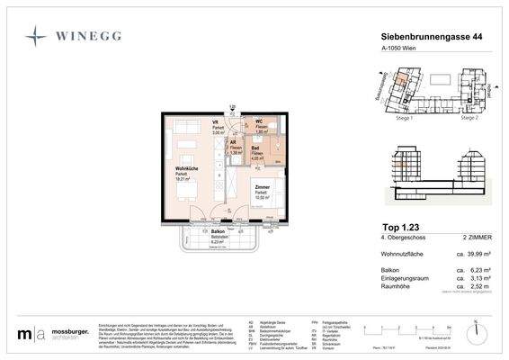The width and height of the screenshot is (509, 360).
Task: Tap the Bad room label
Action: click(255, 148)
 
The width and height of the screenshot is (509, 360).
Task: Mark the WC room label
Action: click(258, 122)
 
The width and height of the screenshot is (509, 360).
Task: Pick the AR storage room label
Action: click(233, 143)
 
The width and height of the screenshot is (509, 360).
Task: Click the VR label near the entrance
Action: click(216, 122)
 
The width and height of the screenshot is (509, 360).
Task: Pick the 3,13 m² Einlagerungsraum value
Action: click(472, 278)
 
